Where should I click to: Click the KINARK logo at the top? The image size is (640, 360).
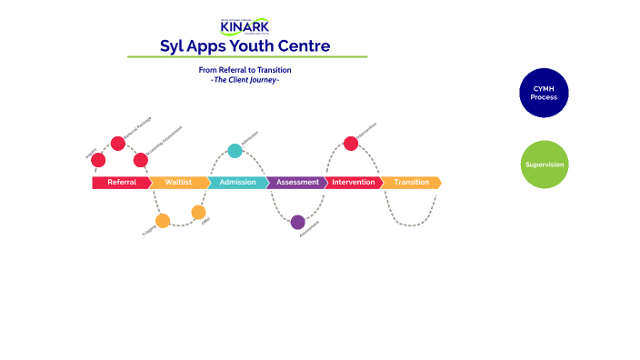245,25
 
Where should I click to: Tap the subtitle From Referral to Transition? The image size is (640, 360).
245,70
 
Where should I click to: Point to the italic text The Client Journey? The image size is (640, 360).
245,79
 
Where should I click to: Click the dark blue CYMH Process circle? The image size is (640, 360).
544,93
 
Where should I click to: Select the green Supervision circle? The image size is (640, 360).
545,165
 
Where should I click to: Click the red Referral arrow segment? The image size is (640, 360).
121,183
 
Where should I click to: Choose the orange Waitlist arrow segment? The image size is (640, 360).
178,183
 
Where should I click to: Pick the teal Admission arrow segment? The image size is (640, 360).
237,183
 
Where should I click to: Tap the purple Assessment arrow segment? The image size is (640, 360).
296,183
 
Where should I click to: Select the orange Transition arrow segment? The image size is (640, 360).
411,183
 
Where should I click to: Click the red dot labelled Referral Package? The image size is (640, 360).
118,143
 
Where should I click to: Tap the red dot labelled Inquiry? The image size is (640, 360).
98,160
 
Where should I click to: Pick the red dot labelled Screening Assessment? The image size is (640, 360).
141,160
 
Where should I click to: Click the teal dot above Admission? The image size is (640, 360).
235,150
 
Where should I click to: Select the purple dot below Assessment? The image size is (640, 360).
298,222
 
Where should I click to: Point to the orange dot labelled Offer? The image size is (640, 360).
198,213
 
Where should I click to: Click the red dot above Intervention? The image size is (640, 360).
351,143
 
